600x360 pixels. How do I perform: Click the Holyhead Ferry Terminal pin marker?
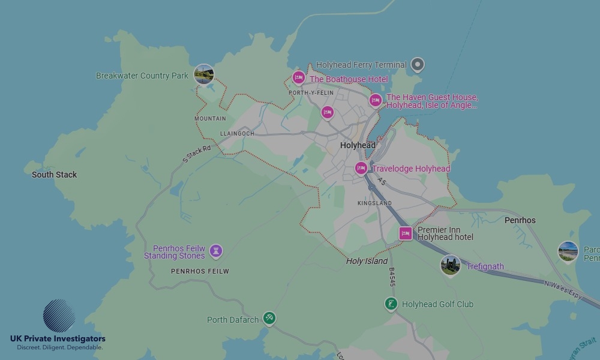point(418,64)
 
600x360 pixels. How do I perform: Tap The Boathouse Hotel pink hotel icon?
point(298,77)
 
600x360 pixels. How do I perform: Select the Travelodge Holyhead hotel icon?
point(361,169)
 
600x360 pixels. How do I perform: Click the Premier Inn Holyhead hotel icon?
point(406,233)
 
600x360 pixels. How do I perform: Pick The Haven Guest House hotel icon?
point(376,100)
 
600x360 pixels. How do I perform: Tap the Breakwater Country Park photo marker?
point(204,75)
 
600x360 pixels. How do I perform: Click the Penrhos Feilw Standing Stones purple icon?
point(217,251)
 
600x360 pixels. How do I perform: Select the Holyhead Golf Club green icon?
point(391,304)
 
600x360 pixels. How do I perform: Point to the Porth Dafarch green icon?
point(269,318)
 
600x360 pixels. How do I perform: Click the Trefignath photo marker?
point(450,265)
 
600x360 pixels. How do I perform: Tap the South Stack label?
point(55,175)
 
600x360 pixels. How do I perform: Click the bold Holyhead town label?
point(358,145)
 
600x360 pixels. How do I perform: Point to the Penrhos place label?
point(520,220)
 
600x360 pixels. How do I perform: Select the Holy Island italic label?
point(367,261)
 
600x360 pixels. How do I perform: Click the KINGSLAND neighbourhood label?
point(374,203)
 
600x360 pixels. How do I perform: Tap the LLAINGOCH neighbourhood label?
point(237,133)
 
